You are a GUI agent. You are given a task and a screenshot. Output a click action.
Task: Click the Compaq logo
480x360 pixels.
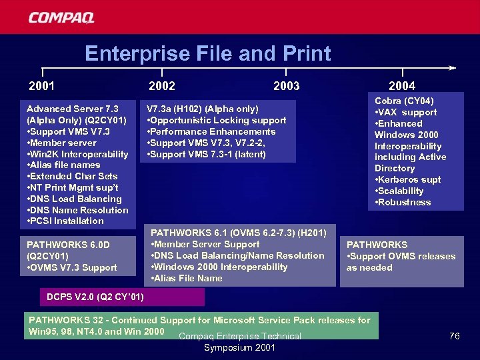(x=61, y=17)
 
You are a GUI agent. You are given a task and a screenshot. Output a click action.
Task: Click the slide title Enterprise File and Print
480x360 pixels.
(x=207, y=53)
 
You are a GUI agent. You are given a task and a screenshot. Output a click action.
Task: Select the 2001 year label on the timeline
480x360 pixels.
(x=41, y=86)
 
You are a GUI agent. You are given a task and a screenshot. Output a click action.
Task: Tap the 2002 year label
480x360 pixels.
(x=162, y=86)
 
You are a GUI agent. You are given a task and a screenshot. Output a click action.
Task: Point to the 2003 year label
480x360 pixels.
(x=286, y=86)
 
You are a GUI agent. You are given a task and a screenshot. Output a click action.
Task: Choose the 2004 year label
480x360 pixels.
(x=401, y=86)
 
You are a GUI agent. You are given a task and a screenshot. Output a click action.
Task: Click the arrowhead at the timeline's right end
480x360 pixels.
(x=453, y=67)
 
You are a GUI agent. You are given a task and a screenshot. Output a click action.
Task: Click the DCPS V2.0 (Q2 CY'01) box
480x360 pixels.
(x=96, y=296)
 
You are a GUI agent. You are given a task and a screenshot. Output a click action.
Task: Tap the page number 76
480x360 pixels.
(x=454, y=336)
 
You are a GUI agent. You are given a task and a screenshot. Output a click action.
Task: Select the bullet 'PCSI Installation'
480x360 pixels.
(x=65, y=221)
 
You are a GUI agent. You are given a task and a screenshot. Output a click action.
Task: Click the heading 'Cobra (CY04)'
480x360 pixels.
(x=405, y=101)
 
